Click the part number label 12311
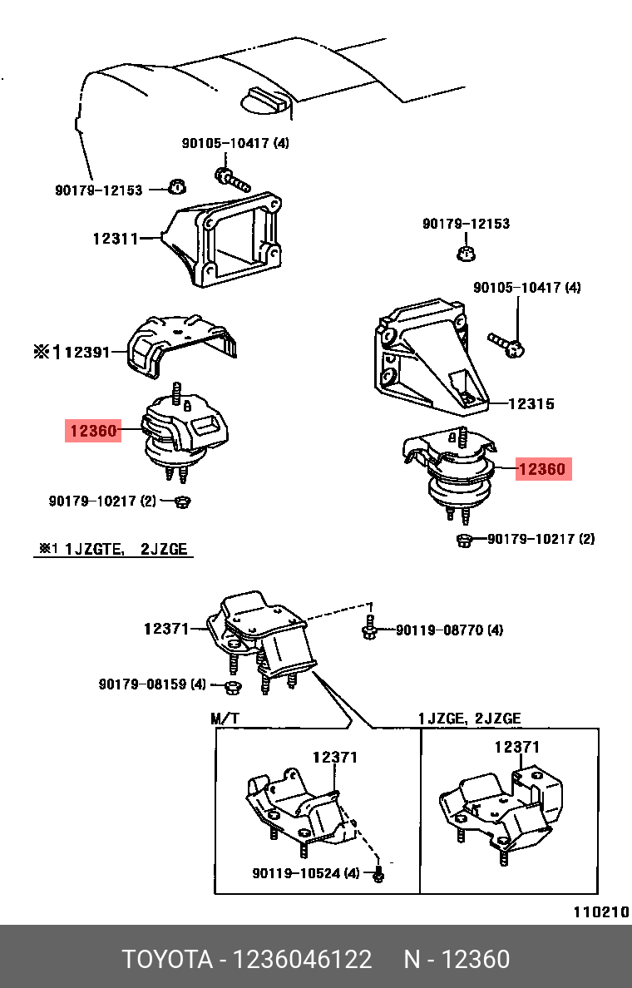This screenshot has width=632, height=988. [x=116, y=239]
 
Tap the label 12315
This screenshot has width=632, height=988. [x=531, y=404]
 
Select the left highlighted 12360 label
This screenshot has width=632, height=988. [x=94, y=431]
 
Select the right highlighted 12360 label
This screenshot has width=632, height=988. [x=541, y=469]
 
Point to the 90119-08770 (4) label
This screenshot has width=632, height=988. [x=449, y=630]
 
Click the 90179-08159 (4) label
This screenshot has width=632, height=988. [x=151, y=684]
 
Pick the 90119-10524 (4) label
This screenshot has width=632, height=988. [x=305, y=873]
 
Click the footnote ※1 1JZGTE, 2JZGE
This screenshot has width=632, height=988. [x=113, y=550]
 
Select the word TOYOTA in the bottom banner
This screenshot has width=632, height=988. [x=168, y=960]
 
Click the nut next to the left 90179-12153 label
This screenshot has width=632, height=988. [x=175, y=185]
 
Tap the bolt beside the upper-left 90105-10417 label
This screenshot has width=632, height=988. [x=231, y=177]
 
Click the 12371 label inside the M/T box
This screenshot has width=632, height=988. [x=334, y=758]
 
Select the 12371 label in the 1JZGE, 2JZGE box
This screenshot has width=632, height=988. [x=517, y=747]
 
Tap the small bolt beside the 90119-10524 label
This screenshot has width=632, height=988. [x=380, y=875]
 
